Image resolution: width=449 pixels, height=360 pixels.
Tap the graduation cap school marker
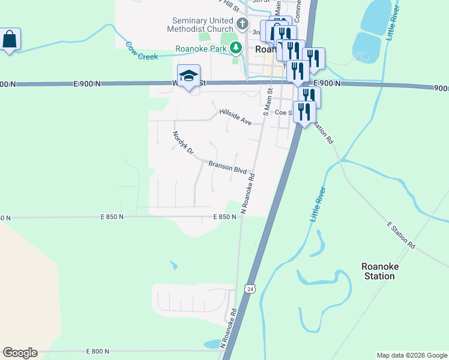point(188,76)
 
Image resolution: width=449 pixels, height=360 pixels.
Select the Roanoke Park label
point(201,49)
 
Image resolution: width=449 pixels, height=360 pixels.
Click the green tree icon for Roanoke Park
point(237,47)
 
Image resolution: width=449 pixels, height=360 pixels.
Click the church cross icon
point(243,25)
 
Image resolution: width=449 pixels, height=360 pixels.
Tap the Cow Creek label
point(142,50)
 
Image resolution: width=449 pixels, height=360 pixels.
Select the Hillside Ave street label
point(235,116)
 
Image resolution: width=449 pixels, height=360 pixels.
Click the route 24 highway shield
point(249,289)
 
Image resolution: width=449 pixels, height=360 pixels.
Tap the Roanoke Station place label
point(379,271)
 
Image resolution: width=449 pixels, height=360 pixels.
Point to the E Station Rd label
point(401,235)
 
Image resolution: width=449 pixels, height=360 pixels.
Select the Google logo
point(20,353)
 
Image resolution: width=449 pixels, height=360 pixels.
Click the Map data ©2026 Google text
point(412,355)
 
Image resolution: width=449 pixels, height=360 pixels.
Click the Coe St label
point(283,112)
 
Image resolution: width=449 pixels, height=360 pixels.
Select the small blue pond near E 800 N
point(212,344)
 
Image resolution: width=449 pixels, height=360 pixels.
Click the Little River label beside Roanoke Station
point(319,205)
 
